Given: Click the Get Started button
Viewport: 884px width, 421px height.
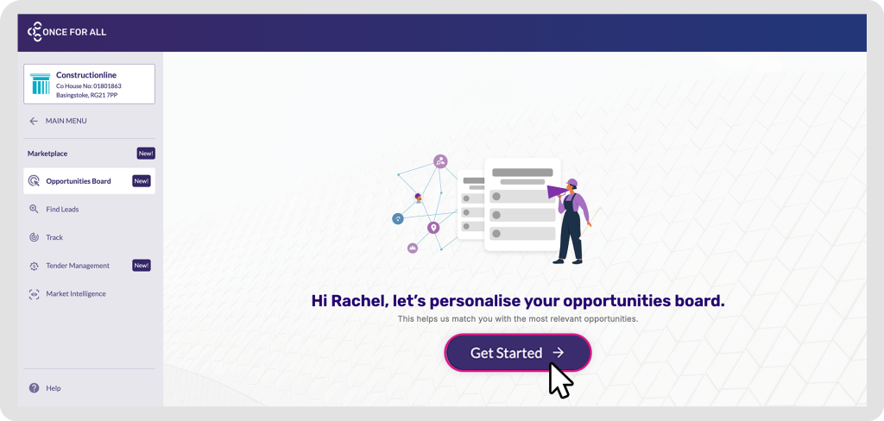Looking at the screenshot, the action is click(518, 353).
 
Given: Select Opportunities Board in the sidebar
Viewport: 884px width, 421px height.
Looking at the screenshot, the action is click(79, 181).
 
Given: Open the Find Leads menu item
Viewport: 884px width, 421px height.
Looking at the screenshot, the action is click(62, 209).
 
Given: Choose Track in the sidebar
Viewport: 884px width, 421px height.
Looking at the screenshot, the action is click(54, 237).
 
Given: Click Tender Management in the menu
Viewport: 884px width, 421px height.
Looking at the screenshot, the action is click(78, 266).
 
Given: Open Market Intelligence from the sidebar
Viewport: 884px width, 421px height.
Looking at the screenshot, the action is click(76, 293).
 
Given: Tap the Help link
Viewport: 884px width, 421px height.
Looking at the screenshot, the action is click(53, 388).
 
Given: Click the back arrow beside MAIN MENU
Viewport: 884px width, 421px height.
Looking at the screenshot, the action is click(34, 121).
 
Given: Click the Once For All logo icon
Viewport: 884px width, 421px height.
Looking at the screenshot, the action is click(35, 32).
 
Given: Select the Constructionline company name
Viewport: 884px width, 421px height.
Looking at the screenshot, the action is click(86, 75).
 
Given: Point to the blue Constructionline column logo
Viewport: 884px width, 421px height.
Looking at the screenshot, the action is click(40, 84).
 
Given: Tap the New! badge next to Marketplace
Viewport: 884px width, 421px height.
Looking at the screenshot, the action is click(145, 154).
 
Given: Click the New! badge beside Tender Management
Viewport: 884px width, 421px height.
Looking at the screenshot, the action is click(142, 266).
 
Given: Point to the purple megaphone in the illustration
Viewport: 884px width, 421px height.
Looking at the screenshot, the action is click(556, 191).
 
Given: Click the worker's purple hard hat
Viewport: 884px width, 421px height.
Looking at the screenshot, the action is click(572, 183).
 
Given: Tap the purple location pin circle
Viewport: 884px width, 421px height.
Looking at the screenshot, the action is click(433, 228).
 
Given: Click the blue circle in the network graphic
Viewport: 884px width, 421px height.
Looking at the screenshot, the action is click(398, 218).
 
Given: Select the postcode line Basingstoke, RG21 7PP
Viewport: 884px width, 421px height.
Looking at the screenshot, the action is click(86, 95).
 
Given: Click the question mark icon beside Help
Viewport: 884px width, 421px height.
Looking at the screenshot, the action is click(35, 387).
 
